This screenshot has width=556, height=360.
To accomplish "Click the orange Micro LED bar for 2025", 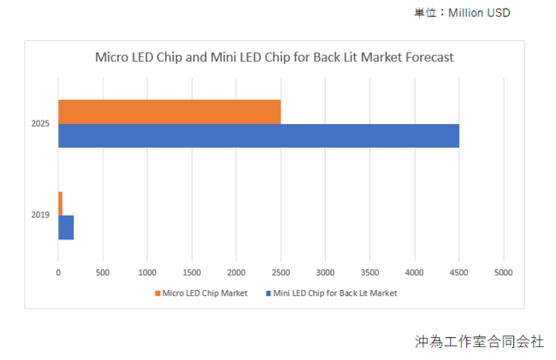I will click(169, 112).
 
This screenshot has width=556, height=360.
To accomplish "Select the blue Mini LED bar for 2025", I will click(258, 136).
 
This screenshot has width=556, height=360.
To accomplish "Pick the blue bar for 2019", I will click(66, 227).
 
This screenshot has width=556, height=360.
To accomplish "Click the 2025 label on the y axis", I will click(40, 124).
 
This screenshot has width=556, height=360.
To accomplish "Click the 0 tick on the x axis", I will click(58, 273).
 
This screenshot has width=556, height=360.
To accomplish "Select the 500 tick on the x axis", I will click(103, 273).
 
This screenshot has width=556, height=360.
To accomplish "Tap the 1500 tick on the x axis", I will click(192, 273).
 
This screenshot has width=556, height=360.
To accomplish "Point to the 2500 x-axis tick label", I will click(281, 273).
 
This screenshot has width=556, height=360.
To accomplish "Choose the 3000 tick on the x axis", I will click(325, 273).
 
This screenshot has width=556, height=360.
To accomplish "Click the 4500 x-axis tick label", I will click(458, 273).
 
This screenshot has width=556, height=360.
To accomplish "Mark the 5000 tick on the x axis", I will click(503, 273).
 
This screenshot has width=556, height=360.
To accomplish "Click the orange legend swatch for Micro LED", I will click(157, 293).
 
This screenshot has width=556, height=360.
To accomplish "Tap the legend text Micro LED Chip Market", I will click(205, 293).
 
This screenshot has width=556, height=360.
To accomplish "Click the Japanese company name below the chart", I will click(479, 341).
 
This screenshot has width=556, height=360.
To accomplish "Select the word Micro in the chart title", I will click(109, 58).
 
